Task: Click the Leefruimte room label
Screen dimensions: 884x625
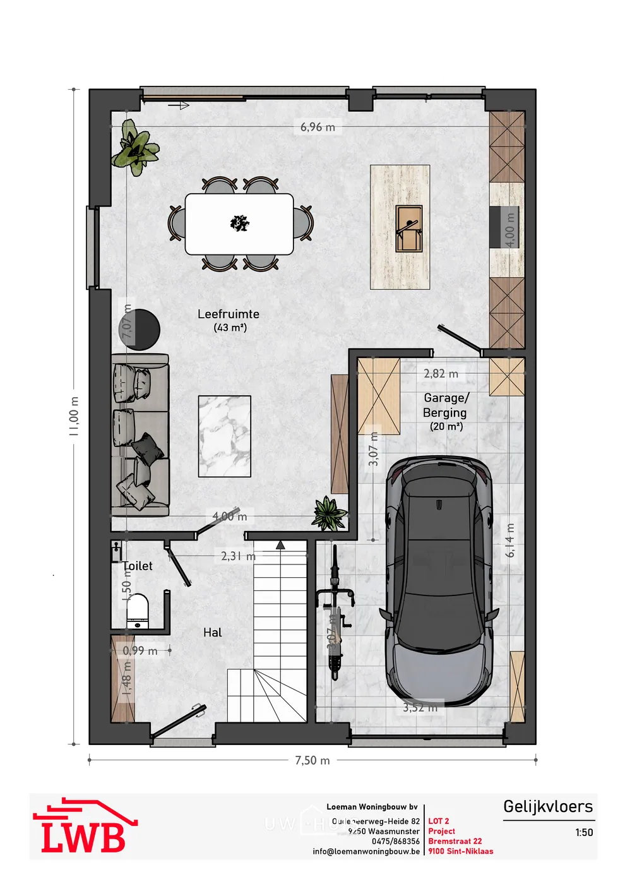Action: point(228,314)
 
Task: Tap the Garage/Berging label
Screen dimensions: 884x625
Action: point(446,405)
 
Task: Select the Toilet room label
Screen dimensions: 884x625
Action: point(138,566)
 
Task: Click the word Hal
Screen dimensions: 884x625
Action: point(213,632)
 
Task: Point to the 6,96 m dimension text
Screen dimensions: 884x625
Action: point(318,127)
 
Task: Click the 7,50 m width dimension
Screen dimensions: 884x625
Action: point(312,760)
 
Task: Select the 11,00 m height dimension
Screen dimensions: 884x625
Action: point(74,416)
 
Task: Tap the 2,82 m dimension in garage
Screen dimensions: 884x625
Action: point(441,374)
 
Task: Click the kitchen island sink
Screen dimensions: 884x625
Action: point(408,228)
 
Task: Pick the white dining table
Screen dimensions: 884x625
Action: point(239,224)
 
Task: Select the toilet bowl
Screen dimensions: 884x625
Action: point(137,609)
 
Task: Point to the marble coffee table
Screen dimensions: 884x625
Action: point(225,436)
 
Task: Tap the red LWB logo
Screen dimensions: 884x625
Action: point(84,827)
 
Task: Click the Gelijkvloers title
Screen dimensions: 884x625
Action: point(547,806)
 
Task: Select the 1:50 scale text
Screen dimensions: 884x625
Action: point(584,832)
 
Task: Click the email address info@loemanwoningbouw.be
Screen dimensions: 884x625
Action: point(366,851)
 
